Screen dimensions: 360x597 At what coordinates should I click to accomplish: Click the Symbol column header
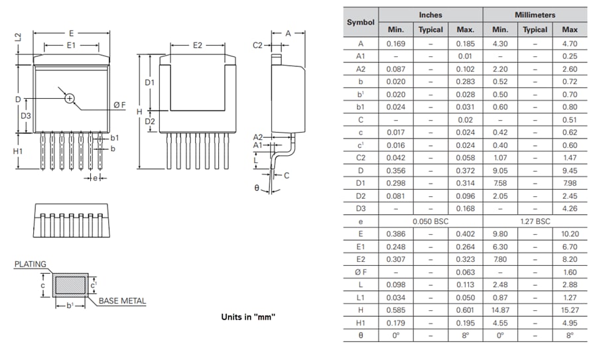(361, 22)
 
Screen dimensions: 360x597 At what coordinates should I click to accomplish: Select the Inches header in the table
(430, 14)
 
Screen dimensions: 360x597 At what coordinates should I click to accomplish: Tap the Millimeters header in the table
(535, 14)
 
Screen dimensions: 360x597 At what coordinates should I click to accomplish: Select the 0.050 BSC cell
(430, 220)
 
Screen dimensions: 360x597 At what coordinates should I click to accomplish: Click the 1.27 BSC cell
(535, 220)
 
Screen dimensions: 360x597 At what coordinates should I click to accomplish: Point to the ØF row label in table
(361, 270)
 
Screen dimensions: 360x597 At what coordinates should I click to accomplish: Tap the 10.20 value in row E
(570, 233)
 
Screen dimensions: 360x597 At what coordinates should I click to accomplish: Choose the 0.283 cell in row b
(465, 81)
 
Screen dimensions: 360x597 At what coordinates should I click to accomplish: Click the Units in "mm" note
(248, 317)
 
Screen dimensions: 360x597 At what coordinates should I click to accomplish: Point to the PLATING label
(31, 264)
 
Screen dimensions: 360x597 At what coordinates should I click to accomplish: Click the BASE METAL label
(122, 301)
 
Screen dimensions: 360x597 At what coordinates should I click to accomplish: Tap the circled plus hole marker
(70, 99)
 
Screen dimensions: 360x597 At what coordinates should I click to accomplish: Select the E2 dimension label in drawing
(197, 45)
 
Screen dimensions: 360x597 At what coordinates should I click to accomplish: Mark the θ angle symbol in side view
(257, 188)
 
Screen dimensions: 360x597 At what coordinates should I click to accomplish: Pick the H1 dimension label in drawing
(18, 151)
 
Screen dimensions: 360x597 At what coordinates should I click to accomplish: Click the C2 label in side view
(258, 45)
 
